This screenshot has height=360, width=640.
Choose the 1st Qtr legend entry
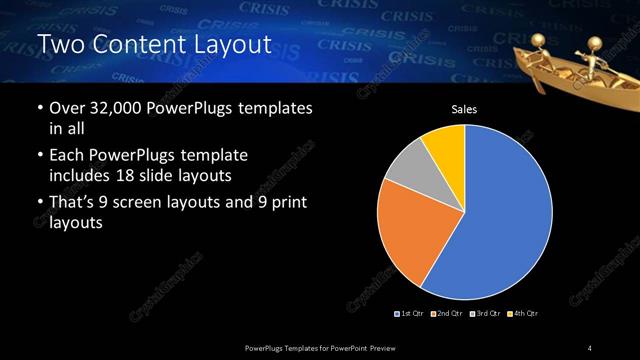point(411,314)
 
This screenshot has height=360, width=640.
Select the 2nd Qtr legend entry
point(447,314)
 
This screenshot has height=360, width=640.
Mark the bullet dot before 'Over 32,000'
point(39,108)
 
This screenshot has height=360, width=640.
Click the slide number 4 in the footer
point(590,347)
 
